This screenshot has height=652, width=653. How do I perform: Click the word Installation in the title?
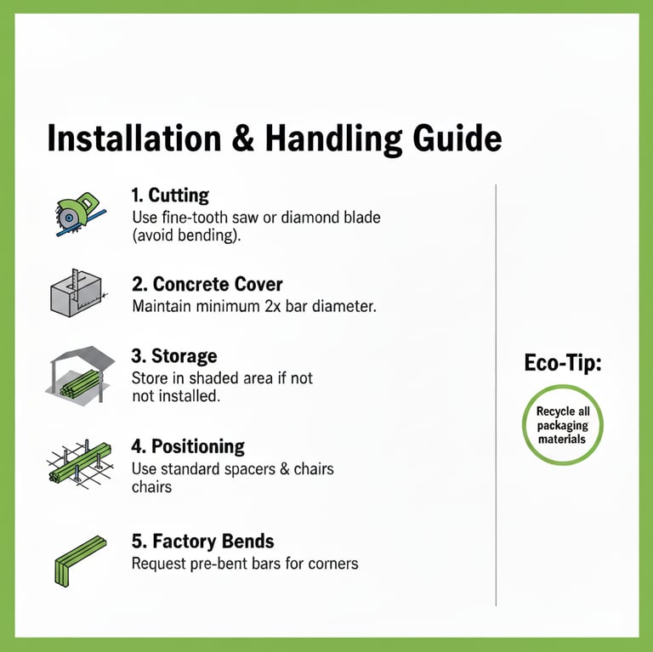134,138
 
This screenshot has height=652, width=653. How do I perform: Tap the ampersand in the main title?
243,139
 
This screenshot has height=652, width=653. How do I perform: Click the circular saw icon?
80,214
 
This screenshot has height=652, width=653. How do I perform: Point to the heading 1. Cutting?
170,196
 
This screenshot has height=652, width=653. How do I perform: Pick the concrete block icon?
78,292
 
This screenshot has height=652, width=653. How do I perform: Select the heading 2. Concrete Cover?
207,285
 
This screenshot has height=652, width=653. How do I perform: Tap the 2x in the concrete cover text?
272,306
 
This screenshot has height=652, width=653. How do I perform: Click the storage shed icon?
80,375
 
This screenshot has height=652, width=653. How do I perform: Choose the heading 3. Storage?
174,356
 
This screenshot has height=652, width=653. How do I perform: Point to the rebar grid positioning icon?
80,463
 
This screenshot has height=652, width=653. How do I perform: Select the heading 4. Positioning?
188,446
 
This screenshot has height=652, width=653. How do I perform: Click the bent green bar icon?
81,561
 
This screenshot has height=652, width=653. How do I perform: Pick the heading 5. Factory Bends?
203,541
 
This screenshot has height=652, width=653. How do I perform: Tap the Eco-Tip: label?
563,363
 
